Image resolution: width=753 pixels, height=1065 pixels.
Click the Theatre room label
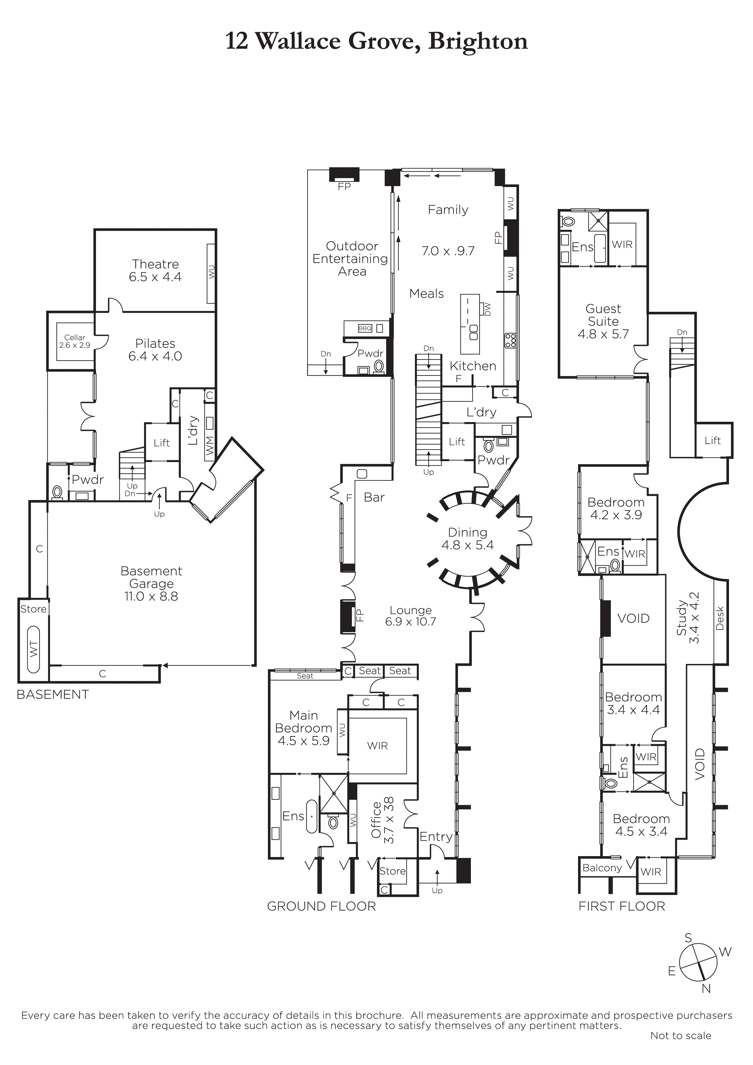tap(156, 264)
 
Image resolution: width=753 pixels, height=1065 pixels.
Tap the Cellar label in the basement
tap(75, 337)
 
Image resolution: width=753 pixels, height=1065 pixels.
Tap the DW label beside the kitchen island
tap(487, 309)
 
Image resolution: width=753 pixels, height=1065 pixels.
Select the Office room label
tap(376, 820)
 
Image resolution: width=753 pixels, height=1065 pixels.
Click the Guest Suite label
tap(603, 315)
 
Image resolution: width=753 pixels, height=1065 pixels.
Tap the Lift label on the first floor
tap(713, 440)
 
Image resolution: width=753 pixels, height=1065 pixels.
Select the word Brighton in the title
tap(478, 41)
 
